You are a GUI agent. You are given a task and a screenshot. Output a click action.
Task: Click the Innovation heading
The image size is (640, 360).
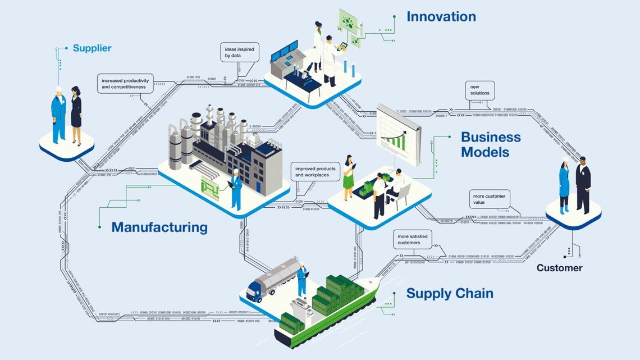coord(441,17)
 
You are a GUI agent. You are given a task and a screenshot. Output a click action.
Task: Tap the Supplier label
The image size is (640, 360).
coord(92,48)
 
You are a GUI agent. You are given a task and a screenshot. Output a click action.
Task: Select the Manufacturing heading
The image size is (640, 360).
coord(159,227)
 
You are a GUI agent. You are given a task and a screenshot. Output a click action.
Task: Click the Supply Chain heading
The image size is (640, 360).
coord(450,293)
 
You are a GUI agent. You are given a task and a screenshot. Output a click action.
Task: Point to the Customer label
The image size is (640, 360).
coord(559,268)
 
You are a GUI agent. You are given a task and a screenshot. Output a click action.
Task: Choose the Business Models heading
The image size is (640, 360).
coord(491,144)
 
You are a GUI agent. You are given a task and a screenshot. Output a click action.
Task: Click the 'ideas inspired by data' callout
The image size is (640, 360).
coord(239,53)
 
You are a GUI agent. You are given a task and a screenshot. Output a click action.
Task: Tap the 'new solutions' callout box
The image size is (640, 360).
coord(479,89)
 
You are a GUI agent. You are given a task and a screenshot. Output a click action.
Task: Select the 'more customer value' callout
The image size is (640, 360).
coord(490,199)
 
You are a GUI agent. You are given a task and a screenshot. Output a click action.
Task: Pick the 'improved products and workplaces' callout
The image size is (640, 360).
coord(316,172)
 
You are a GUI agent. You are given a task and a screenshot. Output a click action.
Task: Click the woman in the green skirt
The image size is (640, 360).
coord(349,175)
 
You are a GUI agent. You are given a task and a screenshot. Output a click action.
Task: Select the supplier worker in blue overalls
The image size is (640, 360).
coord(58,114)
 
